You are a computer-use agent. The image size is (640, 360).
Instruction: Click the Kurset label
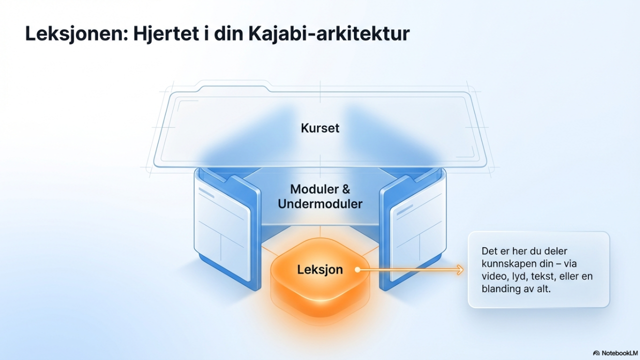[320, 128]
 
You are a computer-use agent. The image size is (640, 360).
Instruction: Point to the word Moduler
[314, 189]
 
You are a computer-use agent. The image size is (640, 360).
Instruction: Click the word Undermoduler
[320, 204]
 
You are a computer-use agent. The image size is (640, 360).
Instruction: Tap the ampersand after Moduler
[345, 189]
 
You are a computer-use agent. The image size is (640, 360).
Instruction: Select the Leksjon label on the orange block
[320, 270]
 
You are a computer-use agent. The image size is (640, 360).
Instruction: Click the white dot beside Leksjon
[357, 270]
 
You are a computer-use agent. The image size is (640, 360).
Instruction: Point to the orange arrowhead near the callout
[459, 270]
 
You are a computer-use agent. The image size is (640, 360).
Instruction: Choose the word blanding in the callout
[500, 288]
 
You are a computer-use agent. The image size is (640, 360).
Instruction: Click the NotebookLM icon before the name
[596, 353]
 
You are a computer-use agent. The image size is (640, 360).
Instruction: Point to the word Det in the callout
[489, 251]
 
